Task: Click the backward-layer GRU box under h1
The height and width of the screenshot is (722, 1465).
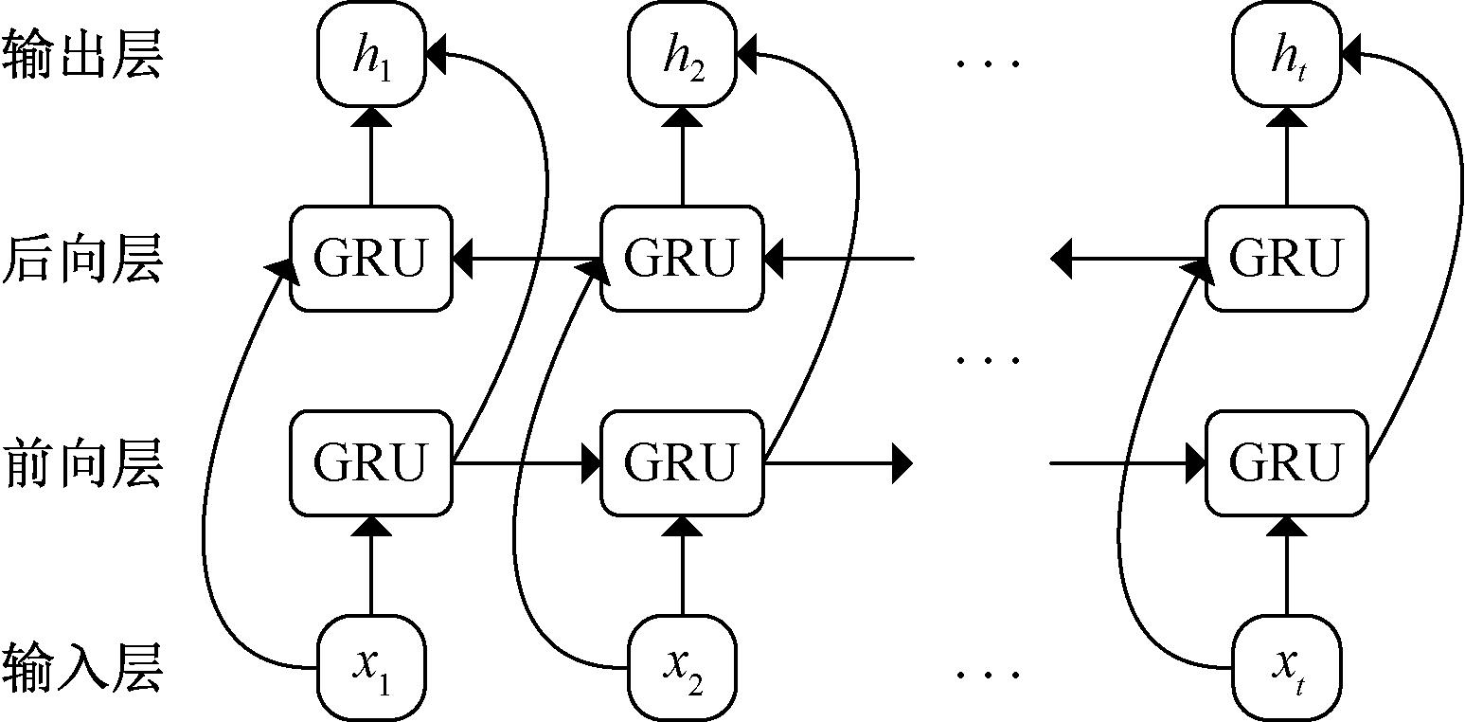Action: tap(370, 258)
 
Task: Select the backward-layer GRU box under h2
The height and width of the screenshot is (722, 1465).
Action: tap(683, 258)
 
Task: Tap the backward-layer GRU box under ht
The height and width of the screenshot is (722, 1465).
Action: tap(1287, 258)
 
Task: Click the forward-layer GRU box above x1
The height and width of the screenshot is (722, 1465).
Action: tap(370, 463)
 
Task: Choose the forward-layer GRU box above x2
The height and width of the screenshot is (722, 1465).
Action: tap(683, 463)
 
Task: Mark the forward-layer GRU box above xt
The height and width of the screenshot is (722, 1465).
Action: tap(1287, 463)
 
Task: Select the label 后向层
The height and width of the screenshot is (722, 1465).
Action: tap(82, 259)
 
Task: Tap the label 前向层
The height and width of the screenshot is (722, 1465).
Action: tap(82, 464)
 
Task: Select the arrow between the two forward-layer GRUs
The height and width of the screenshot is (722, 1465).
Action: tap(527, 463)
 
